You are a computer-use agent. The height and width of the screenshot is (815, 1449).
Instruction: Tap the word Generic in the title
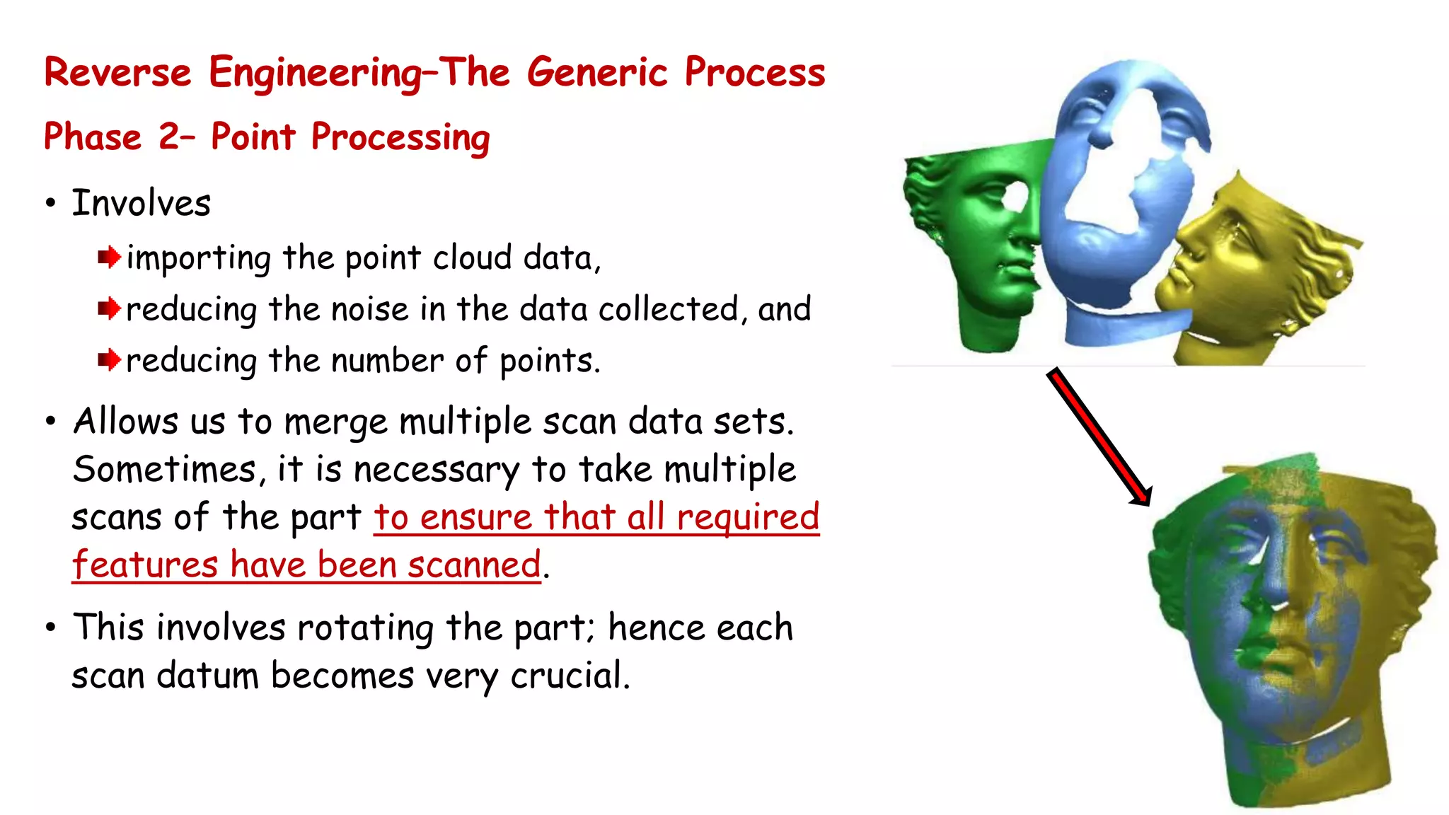coord(596,73)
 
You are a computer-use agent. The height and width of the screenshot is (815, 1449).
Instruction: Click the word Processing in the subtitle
coord(400,138)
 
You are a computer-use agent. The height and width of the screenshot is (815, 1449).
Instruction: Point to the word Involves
coord(142,204)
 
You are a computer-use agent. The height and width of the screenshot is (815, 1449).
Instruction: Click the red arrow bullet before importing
coord(109,258)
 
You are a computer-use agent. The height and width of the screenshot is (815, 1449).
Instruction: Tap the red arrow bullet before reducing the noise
coord(109,309)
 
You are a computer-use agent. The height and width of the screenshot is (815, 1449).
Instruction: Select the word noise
coord(369,310)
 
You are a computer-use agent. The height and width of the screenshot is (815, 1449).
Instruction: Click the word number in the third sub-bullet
coord(388,361)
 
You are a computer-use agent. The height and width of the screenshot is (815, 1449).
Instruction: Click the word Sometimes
coord(164,470)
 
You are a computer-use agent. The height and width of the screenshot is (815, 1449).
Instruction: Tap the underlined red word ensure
coord(475,517)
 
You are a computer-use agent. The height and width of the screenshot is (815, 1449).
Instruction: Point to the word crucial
coord(569,676)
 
